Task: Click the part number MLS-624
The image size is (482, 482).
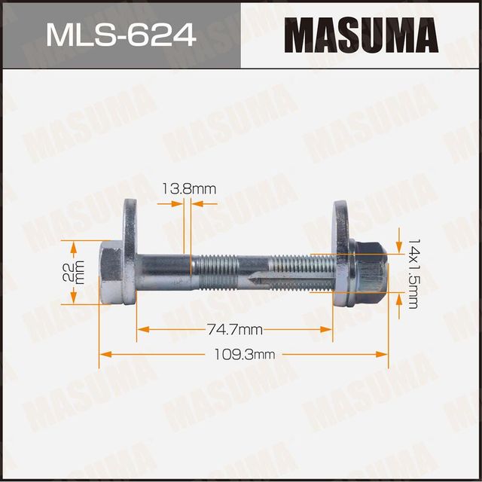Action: click(120, 35)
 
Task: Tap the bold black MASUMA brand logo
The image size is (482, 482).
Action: click(361, 35)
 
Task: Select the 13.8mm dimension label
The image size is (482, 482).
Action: click(188, 189)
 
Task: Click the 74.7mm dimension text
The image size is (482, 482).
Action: click(234, 329)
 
